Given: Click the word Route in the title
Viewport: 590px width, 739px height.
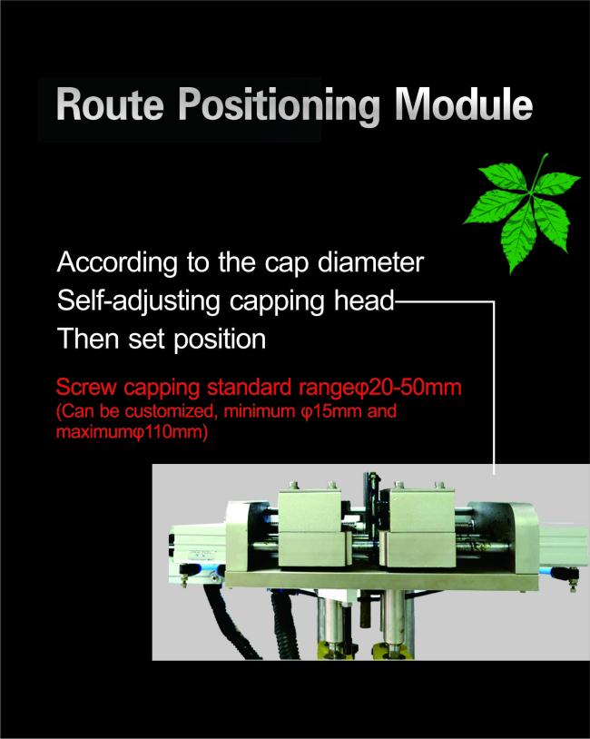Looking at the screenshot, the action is coord(109,104).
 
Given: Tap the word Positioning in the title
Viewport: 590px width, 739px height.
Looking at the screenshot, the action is coord(279,106).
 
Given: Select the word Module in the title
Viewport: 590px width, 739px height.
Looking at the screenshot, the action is coord(464,103).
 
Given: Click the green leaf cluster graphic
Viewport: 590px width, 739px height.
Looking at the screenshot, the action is coord(523,212).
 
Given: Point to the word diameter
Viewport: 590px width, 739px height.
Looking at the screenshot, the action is coord(371,262).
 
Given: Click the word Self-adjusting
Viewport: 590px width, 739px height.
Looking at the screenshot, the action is coord(139,301).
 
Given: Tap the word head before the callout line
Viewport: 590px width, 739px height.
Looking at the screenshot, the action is coord(364,301).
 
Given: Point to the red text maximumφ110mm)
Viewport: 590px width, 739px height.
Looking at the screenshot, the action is coord(132,431).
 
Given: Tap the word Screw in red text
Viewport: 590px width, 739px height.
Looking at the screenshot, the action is coord(86,388).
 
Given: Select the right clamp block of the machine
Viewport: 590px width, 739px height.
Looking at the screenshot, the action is coord(418,528).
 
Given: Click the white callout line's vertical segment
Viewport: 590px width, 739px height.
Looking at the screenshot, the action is coord(494,388).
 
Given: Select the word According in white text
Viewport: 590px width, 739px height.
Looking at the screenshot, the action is coord(117,262).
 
